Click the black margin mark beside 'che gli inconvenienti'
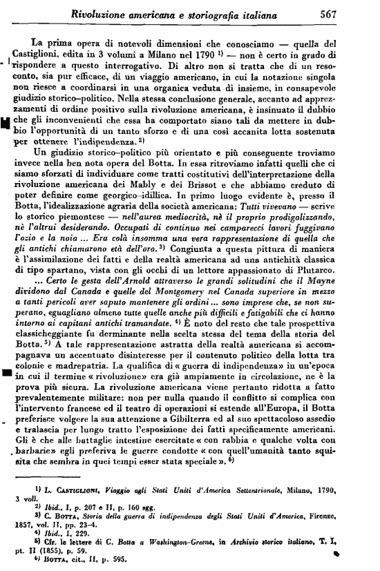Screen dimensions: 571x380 [x=5, y=124]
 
